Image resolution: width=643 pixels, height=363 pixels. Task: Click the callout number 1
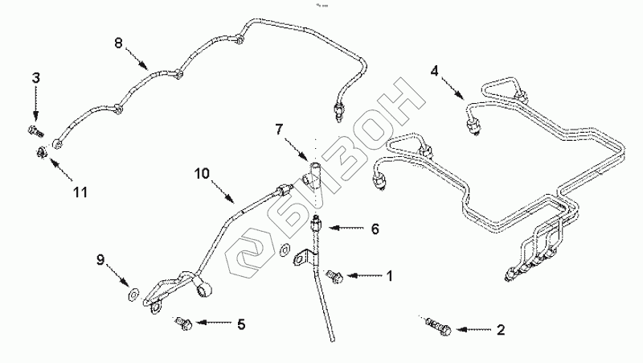tap(389, 275)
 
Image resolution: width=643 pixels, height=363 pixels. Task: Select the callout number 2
tap(500, 328)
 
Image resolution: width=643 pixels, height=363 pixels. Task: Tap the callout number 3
tap(35, 77)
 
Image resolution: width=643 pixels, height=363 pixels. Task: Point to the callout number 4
tap(434, 70)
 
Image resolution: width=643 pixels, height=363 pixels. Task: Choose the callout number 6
tap(374, 229)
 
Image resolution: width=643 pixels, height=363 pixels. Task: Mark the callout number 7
tap(280, 129)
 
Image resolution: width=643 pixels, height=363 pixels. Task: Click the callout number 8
tap(118, 43)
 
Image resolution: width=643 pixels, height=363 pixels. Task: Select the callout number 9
tap(101, 259)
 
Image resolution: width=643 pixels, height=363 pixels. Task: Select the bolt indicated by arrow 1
tap(335, 277)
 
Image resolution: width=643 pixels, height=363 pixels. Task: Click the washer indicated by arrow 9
tap(133, 288)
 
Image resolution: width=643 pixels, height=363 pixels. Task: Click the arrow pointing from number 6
tap(342, 229)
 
